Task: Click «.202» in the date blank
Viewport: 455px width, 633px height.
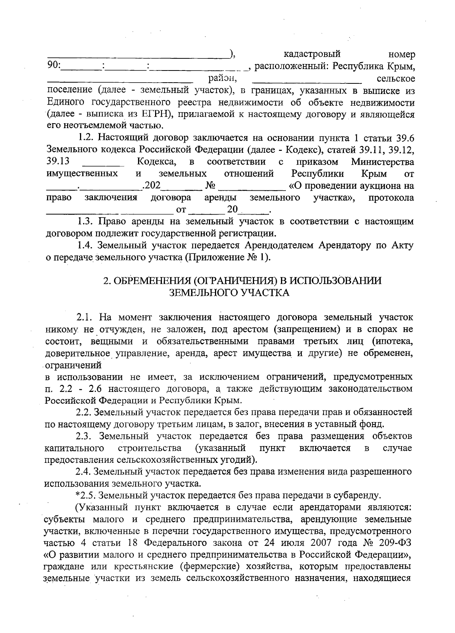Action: (151, 186)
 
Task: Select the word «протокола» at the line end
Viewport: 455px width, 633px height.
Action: (391, 198)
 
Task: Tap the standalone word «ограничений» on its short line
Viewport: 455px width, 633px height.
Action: (74, 365)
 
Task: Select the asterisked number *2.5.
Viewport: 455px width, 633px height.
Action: (85, 495)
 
